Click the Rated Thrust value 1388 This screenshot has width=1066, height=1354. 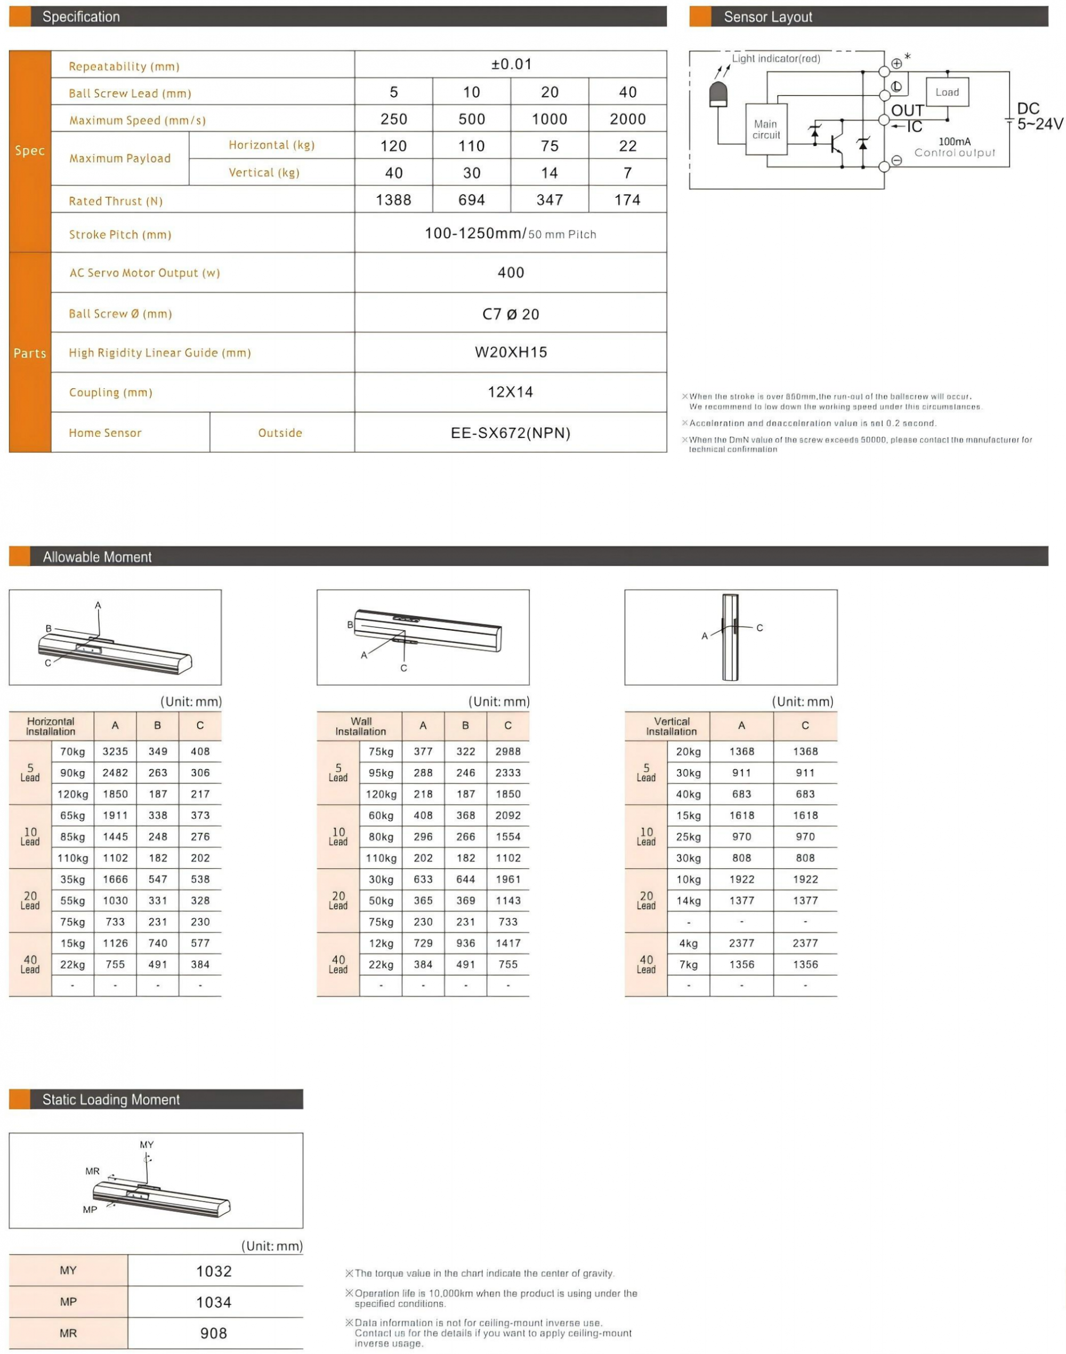pyautogui.click(x=393, y=200)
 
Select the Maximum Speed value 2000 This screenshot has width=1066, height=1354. pyautogui.click(x=627, y=119)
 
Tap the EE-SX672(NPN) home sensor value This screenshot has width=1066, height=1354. pyautogui.click(x=511, y=433)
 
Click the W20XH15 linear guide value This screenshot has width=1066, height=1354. pyautogui.click(x=511, y=352)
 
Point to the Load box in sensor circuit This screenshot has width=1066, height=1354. pyautogui.click(x=947, y=92)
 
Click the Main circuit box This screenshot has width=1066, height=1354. pyautogui.click(x=766, y=129)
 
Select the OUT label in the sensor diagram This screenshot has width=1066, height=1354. pyautogui.click(x=907, y=110)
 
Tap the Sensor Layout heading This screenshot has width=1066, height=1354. pyautogui.click(x=768, y=17)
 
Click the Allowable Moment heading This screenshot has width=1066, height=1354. pyautogui.click(x=96, y=556)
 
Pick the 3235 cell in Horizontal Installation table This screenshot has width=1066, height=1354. pyautogui.click(x=116, y=751)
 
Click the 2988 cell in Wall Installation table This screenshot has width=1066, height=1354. pyautogui.click(x=508, y=751)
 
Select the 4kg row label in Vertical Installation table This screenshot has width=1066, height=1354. pyautogui.click(x=689, y=943)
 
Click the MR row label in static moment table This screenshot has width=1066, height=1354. pyautogui.click(x=68, y=1333)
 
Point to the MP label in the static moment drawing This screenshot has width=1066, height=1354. pyautogui.click(x=90, y=1209)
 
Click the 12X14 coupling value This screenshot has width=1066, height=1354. pyautogui.click(x=511, y=392)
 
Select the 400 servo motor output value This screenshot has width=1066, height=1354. pyautogui.click(x=511, y=273)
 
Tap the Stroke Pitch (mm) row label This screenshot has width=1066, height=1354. pyautogui.click(x=120, y=235)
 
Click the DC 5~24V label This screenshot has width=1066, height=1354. pyautogui.click(x=1038, y=117)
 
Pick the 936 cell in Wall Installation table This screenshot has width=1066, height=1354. pyautogui.click(x=466, y=943)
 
